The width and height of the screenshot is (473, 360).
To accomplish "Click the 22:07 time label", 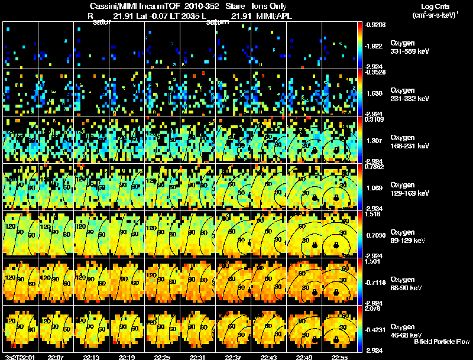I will pyautogui.click(x=56, y=357).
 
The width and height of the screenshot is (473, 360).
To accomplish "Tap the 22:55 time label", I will pyautogui.click(x=340, y=357).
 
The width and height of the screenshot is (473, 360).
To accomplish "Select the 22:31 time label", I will pyautogui.click(x=197, y=357).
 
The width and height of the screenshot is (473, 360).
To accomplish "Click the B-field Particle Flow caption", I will pyautogui.click(x=441, y=342).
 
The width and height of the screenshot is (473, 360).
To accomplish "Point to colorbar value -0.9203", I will pyautogui.click(x=375, y=25).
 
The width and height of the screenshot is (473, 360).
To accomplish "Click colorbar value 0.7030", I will pyautogui.click(x=375, y=235).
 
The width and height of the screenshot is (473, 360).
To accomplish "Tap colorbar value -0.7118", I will pyautogui.click(x=375, y=282).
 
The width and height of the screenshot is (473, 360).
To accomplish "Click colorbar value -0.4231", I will pyautogui.click(x=375, y=329).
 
